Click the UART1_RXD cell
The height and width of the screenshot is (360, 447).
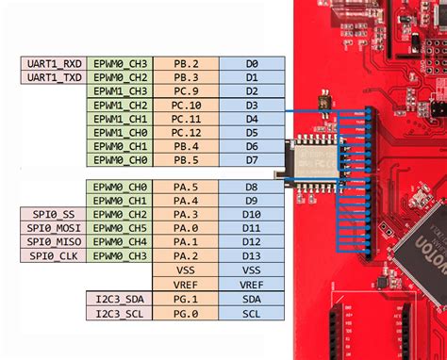click(x=52, y=63)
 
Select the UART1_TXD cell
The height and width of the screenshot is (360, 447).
click(x=52, y=77)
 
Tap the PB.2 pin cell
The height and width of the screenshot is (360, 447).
click(x=185, y=63)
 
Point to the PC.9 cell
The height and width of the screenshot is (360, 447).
click(x=185, y=91)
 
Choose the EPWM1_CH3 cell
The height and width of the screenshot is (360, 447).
click(x=119, y=91)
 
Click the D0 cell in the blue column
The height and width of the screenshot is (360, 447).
click(x=251, y=63)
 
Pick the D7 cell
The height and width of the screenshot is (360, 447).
click(x=251, y=160)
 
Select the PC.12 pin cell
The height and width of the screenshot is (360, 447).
click(x=185, y=133)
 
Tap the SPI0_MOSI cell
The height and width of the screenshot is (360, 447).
click(x=52, y=228)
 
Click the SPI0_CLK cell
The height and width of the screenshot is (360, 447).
click(x=52, y=255)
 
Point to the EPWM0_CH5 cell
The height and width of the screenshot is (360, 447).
click(x=119, y=228)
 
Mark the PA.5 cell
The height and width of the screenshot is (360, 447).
click(x=185, y=188)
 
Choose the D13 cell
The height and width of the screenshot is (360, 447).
click(x=251, y=255)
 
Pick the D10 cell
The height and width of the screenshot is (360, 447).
click(x=251, y=215)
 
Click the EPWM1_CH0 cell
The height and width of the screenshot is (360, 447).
click(x=119, y=133)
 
